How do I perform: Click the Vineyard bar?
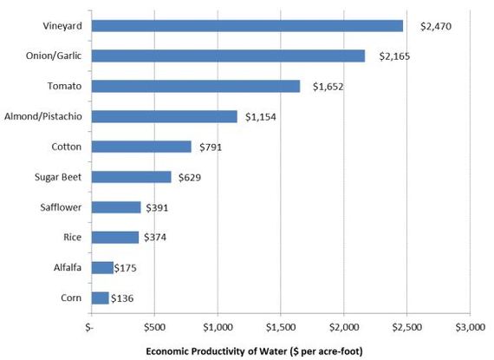click(x=247, y=26)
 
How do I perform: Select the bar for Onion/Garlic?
click(x=229, y=56)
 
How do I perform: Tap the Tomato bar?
click(x=196, y=86)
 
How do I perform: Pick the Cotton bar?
click(x=141, y=147)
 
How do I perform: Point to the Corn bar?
click(x=101, y=298)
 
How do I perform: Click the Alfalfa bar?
click(x=102, y=268)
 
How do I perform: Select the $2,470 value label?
click(x=436, y=26)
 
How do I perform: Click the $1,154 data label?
click(x=261, y=117)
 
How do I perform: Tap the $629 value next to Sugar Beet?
click(x=190, y=177)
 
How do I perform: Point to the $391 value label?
click(x=157, y=207)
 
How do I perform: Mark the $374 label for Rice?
click(x=155, y=237)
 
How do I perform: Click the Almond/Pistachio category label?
click(x=43, y=116)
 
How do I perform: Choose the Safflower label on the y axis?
click(x=61, y=207)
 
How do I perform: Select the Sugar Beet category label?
click(x=58, y=177)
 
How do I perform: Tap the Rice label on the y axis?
click(x=73, y=237)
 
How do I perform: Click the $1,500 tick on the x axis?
click(x=281, y=327)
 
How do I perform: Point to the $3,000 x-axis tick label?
click(x=470, y=327)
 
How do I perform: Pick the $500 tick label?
click(x=154, y=327)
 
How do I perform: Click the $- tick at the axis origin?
click(x=89, y=327)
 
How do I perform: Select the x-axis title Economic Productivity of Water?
click(x=216, y=351)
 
